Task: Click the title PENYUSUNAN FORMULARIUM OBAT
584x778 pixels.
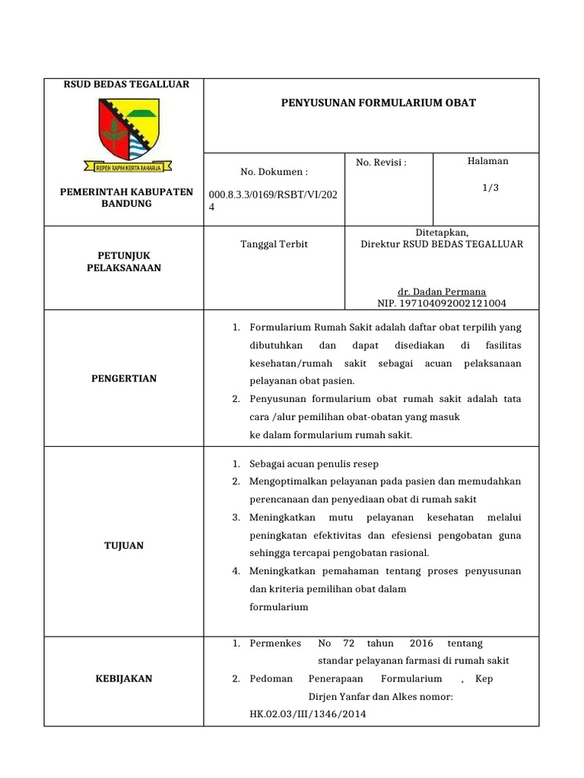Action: [378, 103]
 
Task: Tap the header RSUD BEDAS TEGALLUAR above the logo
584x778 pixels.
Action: [126, 84]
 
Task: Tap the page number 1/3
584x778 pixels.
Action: [490, 188]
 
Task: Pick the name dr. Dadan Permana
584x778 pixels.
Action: [442, 292]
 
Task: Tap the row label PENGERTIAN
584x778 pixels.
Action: [123, 379]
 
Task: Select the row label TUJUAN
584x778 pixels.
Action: [123, 546]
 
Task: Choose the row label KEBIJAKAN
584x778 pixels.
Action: [123, 678]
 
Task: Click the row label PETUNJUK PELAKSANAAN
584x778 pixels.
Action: [123, 262]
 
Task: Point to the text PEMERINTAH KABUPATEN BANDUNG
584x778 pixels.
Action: [126, 198]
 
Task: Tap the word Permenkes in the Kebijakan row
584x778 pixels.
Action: [275, 644]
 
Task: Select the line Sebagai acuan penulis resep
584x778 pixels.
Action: [314, 463]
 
